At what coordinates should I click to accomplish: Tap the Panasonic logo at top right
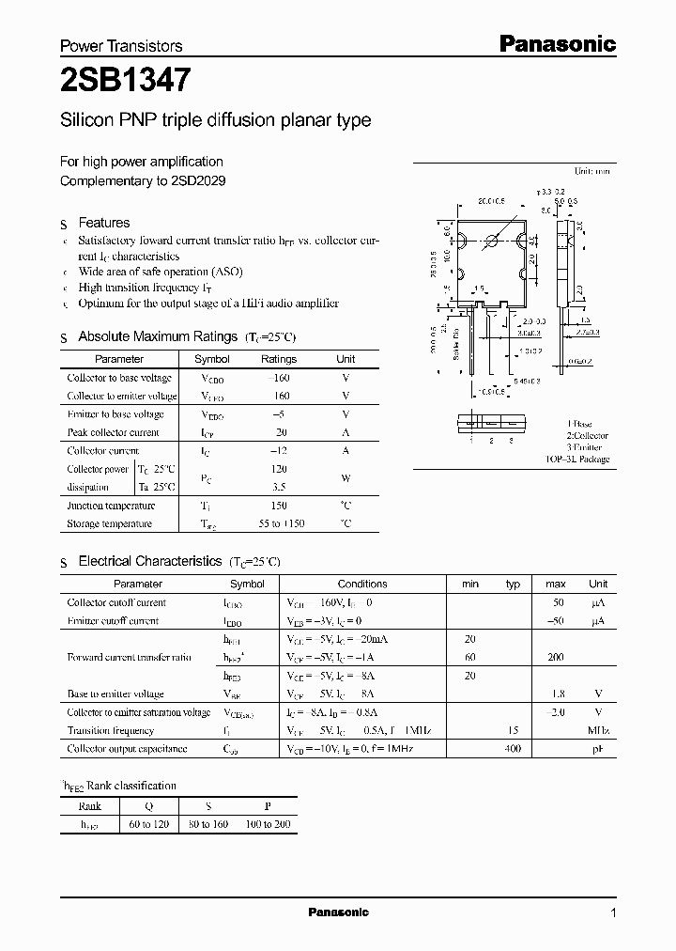556,43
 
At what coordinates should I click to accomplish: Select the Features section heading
103,223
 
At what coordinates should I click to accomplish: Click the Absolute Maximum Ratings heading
158,336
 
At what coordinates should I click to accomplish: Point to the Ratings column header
278,359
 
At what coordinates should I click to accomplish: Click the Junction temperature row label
111,506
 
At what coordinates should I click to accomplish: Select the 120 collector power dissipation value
278,468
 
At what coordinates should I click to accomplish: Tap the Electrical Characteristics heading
150,561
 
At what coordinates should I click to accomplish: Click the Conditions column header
362,584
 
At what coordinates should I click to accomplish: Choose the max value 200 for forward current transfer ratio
556,658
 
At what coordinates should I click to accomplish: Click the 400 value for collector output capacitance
514,749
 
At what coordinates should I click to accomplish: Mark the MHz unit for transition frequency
597,730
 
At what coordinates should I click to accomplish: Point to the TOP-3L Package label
577,460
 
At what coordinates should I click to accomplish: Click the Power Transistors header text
121,45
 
